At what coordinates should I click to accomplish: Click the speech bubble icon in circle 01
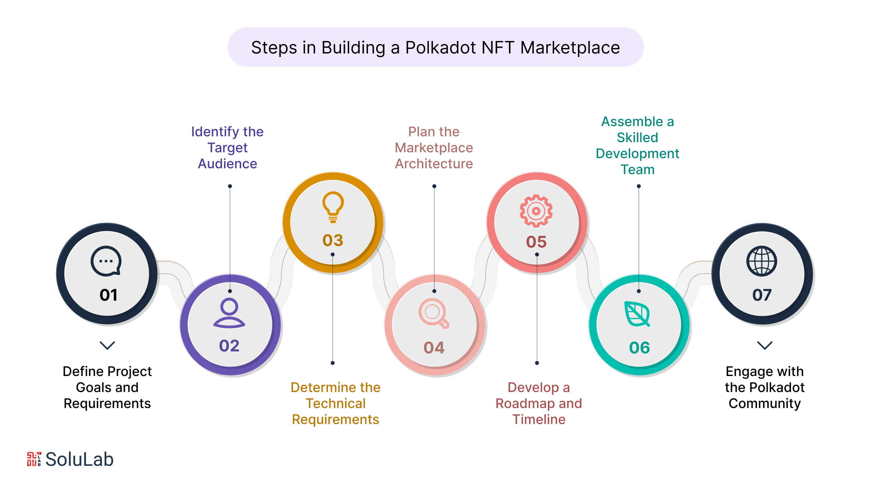pyautogui.click(x=106, y=261)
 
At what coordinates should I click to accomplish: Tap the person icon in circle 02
pyautogui.click(x=229, y=313)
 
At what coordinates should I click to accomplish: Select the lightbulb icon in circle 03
pyautogui.click(x=333, y=207)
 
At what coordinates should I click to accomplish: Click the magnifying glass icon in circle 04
pyautogui.click(x=434, y=313)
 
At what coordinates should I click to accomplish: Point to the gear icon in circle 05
pyautogui.click(x=536, y=211)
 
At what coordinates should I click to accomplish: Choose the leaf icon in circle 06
pyautogui.click(x=637, y=314)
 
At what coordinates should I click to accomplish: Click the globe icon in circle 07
pyautogui.click(x=761, y=261)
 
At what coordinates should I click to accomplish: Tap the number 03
pyautogui.click(x=333, y=241)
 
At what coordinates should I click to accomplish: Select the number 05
pyautogui.click(x=536, y=242)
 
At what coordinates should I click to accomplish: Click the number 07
pyautogui.click(x=762, y=295)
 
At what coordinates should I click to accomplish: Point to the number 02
pyautogui.click(x=229, y=346)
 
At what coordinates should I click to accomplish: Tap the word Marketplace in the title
pyautogui.click(x=570, y=48)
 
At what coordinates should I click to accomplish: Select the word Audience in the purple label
pyautogui.click(x=228, y=164)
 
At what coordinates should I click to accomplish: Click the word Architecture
pyautogui.click(x=434, y=164)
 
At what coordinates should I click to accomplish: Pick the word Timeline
pyautogui.click(x=539, y=419)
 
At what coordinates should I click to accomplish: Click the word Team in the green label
pyautogui.click(x=637, y=169)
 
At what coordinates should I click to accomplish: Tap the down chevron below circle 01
pyautogui.click(x=107, y=345)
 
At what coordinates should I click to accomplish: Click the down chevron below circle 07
pyautogui.click(x=764, y=345)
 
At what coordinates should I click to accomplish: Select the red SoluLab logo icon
pyautogui.click(x=34, y=459)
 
